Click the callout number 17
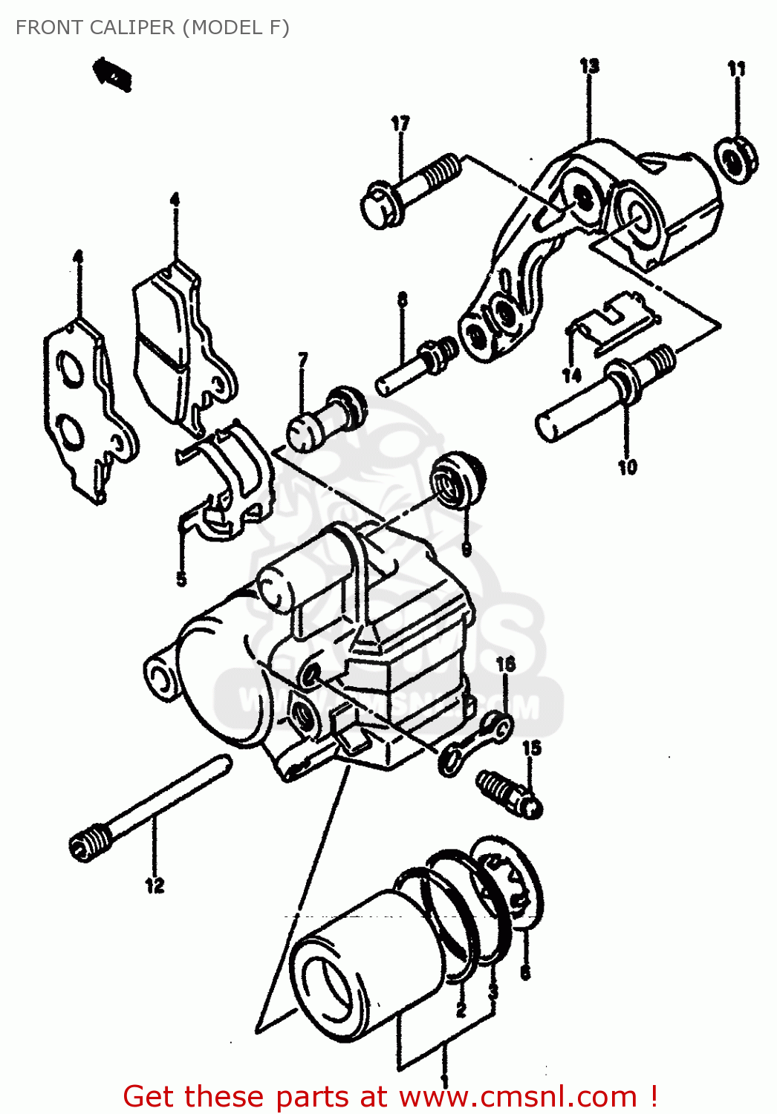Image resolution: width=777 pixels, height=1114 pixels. [x=400, y=123]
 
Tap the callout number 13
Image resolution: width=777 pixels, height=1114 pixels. [x=589, y=66]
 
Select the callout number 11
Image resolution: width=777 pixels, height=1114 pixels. [x=736, y=69]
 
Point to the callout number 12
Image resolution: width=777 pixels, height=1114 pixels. [x=155, y=885]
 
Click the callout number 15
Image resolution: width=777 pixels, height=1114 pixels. [x=532, y=748]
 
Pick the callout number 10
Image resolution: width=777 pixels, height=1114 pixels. [x=628, y=467]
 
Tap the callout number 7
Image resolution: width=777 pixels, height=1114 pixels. [x=303, y=359]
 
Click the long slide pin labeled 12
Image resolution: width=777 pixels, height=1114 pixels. [x=149, y=810]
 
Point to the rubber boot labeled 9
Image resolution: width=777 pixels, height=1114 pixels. [x=458, y=479]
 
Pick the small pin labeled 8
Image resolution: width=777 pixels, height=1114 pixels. [x=416, y=368]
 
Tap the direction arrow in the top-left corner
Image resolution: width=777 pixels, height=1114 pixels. [x=112, y=75]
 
